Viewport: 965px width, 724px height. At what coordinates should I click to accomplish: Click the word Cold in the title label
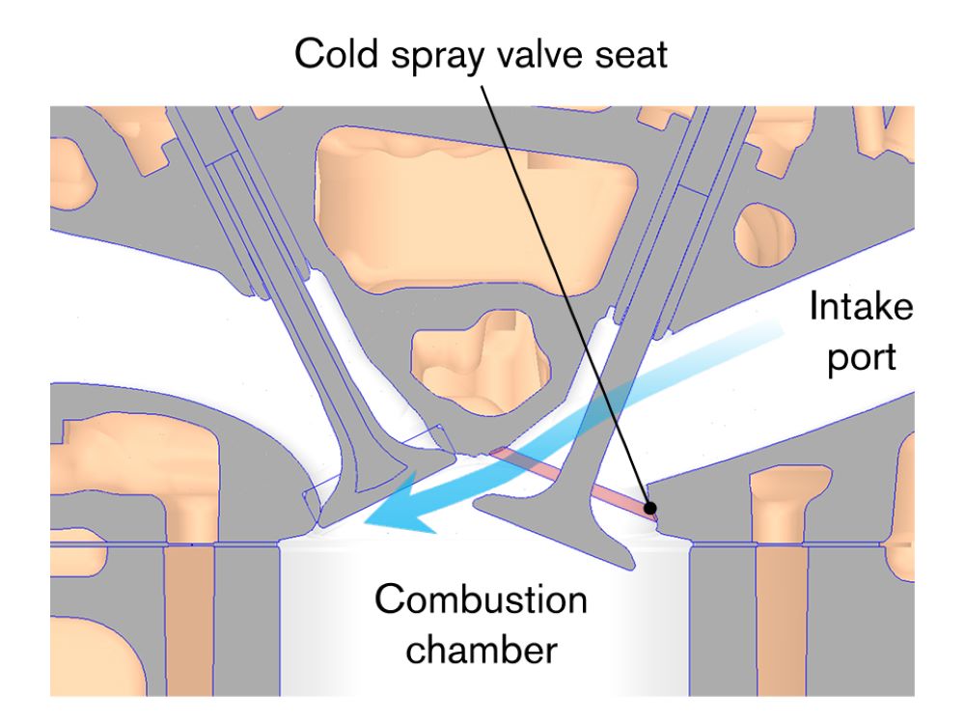click(x=336, y=53)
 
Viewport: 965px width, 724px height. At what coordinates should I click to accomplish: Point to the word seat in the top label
click(x=630, y=55)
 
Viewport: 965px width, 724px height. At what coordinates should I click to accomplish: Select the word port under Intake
click(x=861, y=358)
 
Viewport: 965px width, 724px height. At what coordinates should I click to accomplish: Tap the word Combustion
click(x=481, y=599)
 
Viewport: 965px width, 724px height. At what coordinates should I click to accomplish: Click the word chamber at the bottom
click(x=482, y=650)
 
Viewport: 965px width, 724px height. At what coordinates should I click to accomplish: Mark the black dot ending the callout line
click(x=649, y=508)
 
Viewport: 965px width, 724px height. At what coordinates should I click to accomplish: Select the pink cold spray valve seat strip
click(x=573, y=484)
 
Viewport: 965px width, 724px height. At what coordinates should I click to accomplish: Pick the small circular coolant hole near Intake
click(x=764, y=236)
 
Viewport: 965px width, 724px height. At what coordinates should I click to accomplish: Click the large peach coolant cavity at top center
click(x=474, y=209)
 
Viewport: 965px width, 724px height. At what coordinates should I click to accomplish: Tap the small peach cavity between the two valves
click(x=480, y=362)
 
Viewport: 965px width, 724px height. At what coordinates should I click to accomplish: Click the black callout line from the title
click(x=565, y=296)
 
